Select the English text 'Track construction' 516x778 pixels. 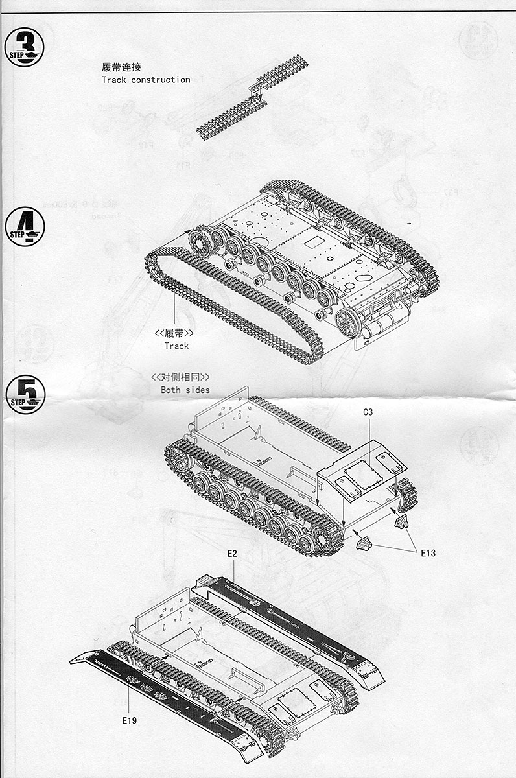coord(146,80)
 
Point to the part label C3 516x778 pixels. coord(368,412)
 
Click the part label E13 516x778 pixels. coord(427,553)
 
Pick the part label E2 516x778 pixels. coord(232,553)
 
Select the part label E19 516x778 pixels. coord(128,719)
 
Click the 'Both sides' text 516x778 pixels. coord(185,390)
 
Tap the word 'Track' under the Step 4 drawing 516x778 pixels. coord(176,346)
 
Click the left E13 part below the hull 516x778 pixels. coord(364,542)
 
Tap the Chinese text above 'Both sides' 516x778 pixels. coord(181,377)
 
